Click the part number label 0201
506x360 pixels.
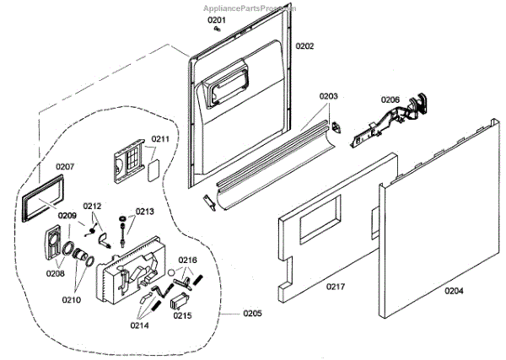217,19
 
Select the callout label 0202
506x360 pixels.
304,46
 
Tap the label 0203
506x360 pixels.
328,97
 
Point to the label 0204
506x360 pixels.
455,292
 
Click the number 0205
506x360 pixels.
252,314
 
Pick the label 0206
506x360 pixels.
390,99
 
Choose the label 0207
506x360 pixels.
65,166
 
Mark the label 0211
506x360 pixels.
160,139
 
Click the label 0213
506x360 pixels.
145,212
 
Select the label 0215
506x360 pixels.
181,316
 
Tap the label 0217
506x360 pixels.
336,287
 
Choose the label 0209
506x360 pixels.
67,215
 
